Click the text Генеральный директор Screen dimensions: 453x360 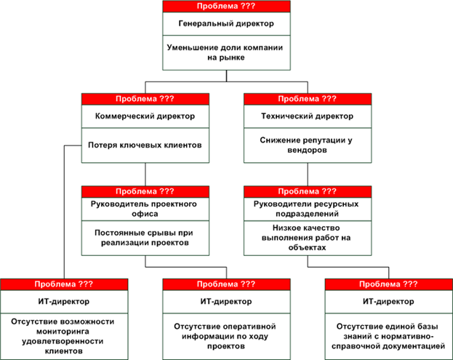226,23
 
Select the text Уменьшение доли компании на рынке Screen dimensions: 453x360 225,52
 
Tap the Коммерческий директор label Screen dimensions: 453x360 145,116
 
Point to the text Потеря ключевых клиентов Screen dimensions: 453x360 145,145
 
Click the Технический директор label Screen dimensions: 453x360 308,116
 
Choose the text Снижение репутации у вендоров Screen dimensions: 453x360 307,145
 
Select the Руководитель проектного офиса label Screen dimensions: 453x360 144,209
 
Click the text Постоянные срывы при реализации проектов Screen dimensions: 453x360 144,238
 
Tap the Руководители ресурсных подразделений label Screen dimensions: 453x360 307,209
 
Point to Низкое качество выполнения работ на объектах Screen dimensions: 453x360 307,238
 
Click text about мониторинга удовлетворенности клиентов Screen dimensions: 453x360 63,336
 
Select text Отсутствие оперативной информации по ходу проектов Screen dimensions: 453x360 225,336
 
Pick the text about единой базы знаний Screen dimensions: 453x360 388,336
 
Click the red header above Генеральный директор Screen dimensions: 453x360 227,7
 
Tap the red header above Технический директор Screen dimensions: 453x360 308,99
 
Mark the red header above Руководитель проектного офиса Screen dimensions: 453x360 145,192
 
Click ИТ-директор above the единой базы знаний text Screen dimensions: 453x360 388,302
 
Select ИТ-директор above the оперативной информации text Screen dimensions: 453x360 226,302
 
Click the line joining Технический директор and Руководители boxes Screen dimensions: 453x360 308,175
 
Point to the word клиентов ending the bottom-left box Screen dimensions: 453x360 64,351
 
